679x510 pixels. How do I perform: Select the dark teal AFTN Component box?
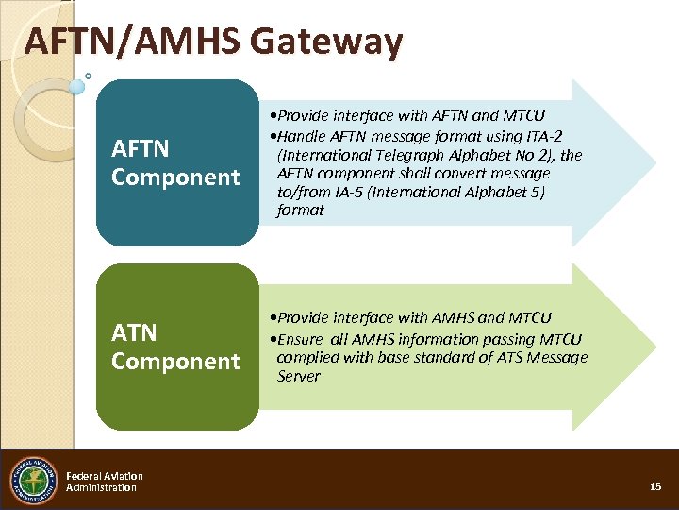(176, 162)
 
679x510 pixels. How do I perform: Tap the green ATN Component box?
(176, 347)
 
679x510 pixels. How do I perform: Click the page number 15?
(655, 486)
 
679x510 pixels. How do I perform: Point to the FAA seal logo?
(33, 481)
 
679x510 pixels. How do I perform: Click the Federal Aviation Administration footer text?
(104, 482)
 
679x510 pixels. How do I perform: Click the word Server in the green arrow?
(299, 376)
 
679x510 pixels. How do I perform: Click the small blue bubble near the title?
(77, 86)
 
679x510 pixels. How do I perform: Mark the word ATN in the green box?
(134, 332)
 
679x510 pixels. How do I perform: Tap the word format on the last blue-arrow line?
(300, 210)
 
